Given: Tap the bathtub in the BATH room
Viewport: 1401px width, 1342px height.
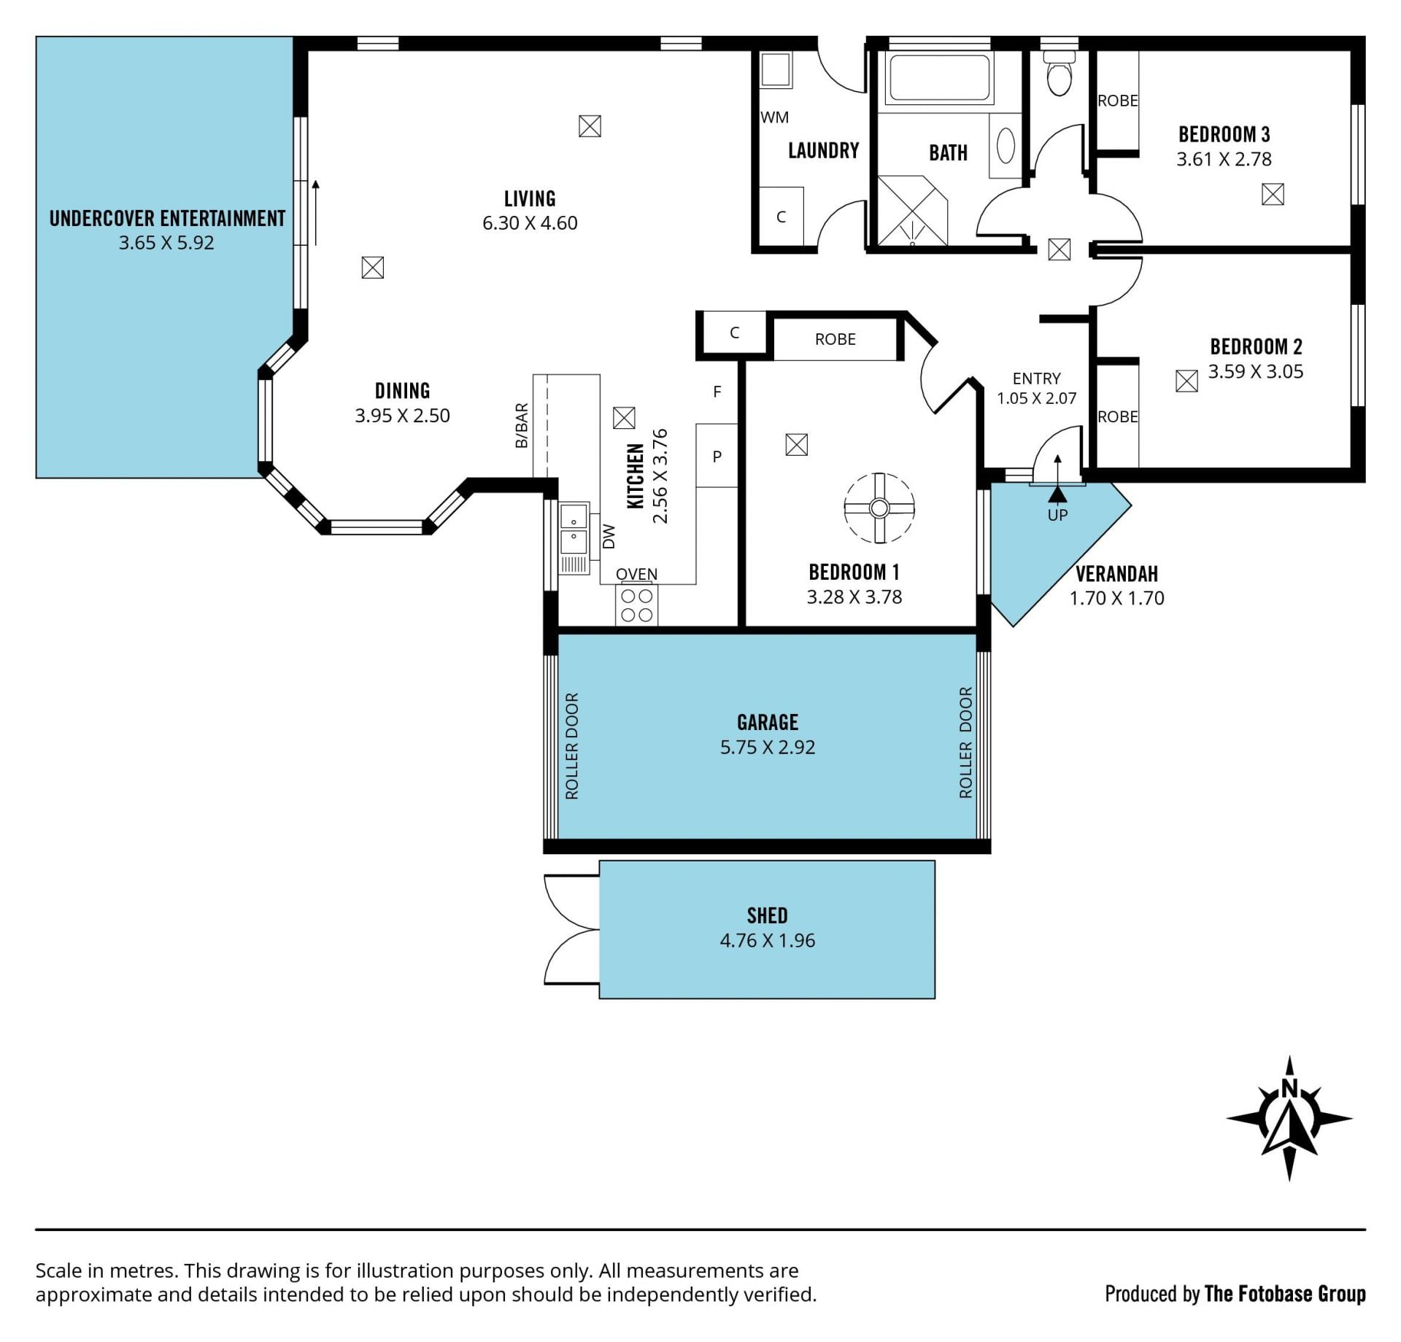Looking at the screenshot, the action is coord(939,77).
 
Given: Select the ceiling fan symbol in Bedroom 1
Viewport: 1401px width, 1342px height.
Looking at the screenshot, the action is coord(879,508).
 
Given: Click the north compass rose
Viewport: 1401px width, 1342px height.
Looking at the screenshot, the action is coord(1289,1118).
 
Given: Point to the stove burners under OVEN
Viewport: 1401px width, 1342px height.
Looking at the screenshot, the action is coord(636,605).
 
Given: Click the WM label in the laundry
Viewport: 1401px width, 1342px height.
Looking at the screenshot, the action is coord(774,117).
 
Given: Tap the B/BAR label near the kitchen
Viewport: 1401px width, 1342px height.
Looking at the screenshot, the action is coord(522,425).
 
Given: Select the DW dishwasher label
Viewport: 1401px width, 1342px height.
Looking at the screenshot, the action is coord(610,537).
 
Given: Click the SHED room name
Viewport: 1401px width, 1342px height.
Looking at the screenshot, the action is coord(767,915).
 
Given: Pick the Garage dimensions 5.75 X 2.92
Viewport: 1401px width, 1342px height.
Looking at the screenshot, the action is coord(768,747).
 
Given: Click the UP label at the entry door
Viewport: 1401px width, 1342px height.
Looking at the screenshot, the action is coord(1057,515).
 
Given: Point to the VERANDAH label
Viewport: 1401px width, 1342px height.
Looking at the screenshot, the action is coord(1116,574).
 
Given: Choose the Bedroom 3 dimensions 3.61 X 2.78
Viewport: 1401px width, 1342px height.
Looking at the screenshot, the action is coord(1224,159).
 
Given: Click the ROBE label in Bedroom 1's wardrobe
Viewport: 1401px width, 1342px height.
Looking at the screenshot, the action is coord(835,339).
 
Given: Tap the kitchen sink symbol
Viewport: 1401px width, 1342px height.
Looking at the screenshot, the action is coord(574,529).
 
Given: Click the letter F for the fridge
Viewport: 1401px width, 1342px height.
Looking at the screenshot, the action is coord(717,392).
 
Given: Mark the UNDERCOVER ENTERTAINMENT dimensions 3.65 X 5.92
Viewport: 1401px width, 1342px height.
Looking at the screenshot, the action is coord(166,243).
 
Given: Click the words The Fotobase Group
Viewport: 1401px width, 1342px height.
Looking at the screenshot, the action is coord(1285,1294).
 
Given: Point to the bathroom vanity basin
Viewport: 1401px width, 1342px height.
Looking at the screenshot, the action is coord(1006,145).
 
